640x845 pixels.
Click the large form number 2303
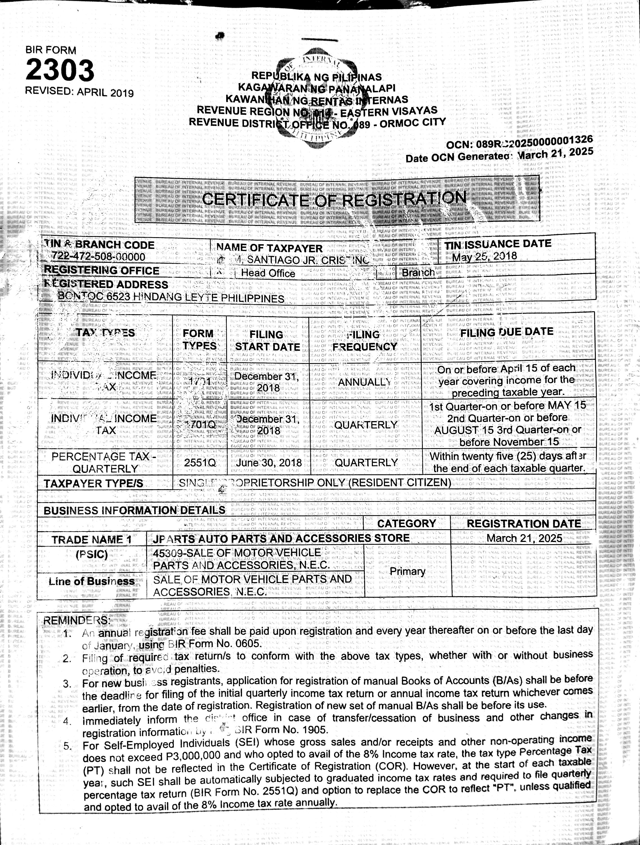tap(60, 71)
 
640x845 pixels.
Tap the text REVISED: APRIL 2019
tap(79, 92)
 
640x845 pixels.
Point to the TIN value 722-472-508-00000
tap(98, 256)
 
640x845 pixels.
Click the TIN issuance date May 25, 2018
tap(485, 255)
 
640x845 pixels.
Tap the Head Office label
tap(268, 273)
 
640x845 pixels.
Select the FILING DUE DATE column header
tap(507, 332)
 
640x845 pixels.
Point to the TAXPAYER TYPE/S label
tap(93, 484)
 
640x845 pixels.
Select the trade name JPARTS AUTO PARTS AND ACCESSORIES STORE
tap(281, 538)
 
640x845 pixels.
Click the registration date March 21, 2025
tap(524, 538)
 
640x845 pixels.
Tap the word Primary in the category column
tap(407, 572)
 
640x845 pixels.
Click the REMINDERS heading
tap(76, 621)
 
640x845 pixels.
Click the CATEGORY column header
tap(406, 523)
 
